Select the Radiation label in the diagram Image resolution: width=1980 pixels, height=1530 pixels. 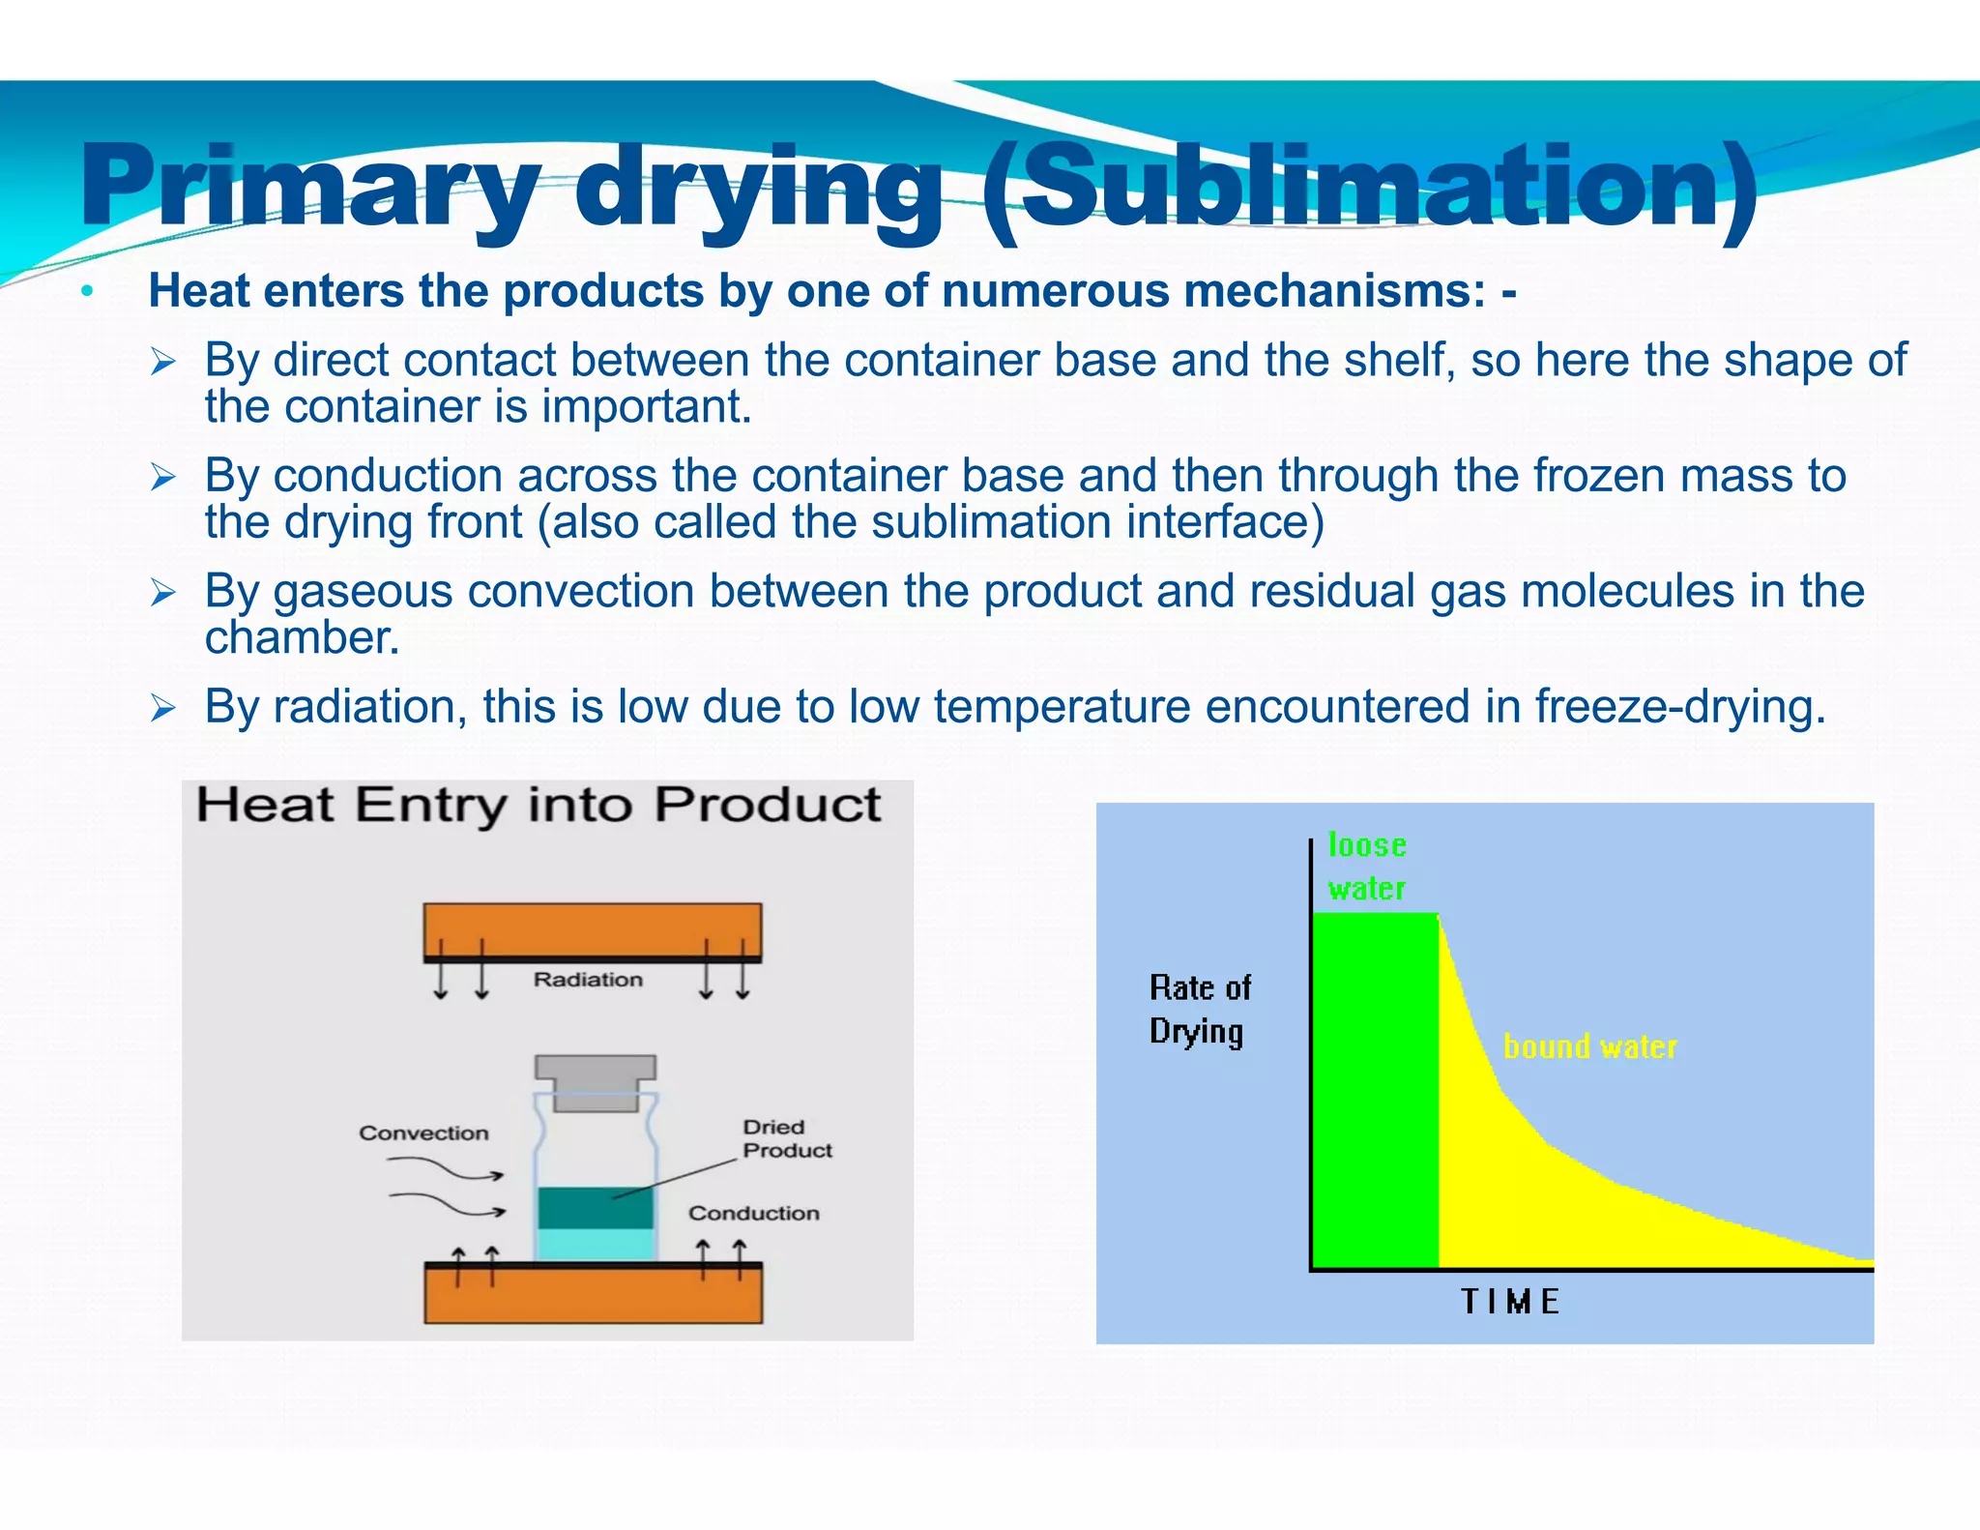coord(588,980)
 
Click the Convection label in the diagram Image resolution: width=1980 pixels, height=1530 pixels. coord(423,1133)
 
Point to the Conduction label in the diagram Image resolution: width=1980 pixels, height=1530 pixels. coord(753,1213)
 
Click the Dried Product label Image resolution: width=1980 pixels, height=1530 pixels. coord(786,1138)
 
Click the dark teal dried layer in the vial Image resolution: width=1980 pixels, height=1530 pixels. coord(595,1208)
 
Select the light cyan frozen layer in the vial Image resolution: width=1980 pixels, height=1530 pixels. coord(595,1245)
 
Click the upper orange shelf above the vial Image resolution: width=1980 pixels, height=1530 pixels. coord(592,929)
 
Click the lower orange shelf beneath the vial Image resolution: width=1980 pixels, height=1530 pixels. coord(592,1295)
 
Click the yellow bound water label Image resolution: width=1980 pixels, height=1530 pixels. coord(1589,1046)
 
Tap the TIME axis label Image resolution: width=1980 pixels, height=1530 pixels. coord(1509,1302)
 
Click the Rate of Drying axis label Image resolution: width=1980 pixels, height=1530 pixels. coord(1199,1010)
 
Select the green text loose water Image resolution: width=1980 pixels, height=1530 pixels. coord(1366,867)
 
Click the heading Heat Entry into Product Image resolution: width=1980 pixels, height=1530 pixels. coord(539,806)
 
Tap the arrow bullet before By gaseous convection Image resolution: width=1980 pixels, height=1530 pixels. coord(162,592)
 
